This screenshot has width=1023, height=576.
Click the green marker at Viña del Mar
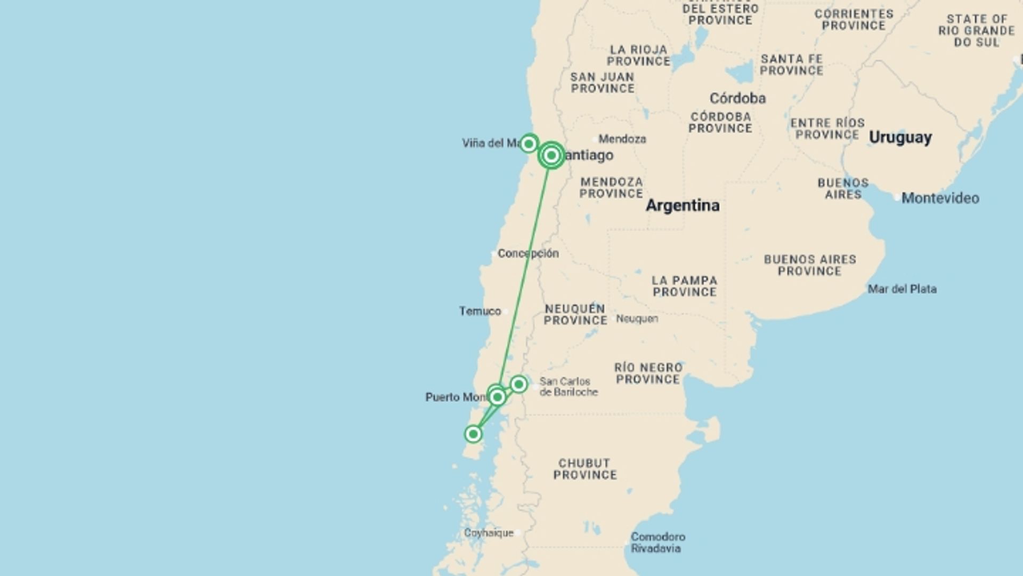click(x=529, y=143)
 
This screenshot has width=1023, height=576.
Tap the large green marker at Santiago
click(x=551, y=155)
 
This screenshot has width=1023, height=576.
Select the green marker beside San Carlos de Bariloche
click(x=518, y=384)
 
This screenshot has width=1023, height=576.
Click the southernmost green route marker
click(x=473, y=434)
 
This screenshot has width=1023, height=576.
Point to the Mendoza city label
click(x=622, y=139)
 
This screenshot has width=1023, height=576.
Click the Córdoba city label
click(x=737, y=98)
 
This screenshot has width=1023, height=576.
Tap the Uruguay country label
click(x=900, y=138)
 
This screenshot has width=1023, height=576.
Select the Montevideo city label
click(x=940, y=198)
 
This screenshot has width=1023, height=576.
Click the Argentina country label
click(x=683, y=205)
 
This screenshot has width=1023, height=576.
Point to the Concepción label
click(x=527, y=253)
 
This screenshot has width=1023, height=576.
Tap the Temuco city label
click(x=480, y=311)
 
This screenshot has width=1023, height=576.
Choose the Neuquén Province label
click(x=575, y=315)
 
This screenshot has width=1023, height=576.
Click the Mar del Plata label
click(x=902, y=289)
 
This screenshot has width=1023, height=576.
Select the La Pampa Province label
click(x=685, y=286)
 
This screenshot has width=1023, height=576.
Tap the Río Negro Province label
click(x=648, y=373)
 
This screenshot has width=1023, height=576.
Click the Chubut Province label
click(x=584, y=469)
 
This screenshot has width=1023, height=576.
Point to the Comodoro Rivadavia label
click(x=657, y=542)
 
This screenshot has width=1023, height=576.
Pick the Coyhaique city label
click(x=489, y=533)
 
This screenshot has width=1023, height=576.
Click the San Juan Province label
click(x=603, y=83)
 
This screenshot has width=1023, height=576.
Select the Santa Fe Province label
click(x=791, y=65)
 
